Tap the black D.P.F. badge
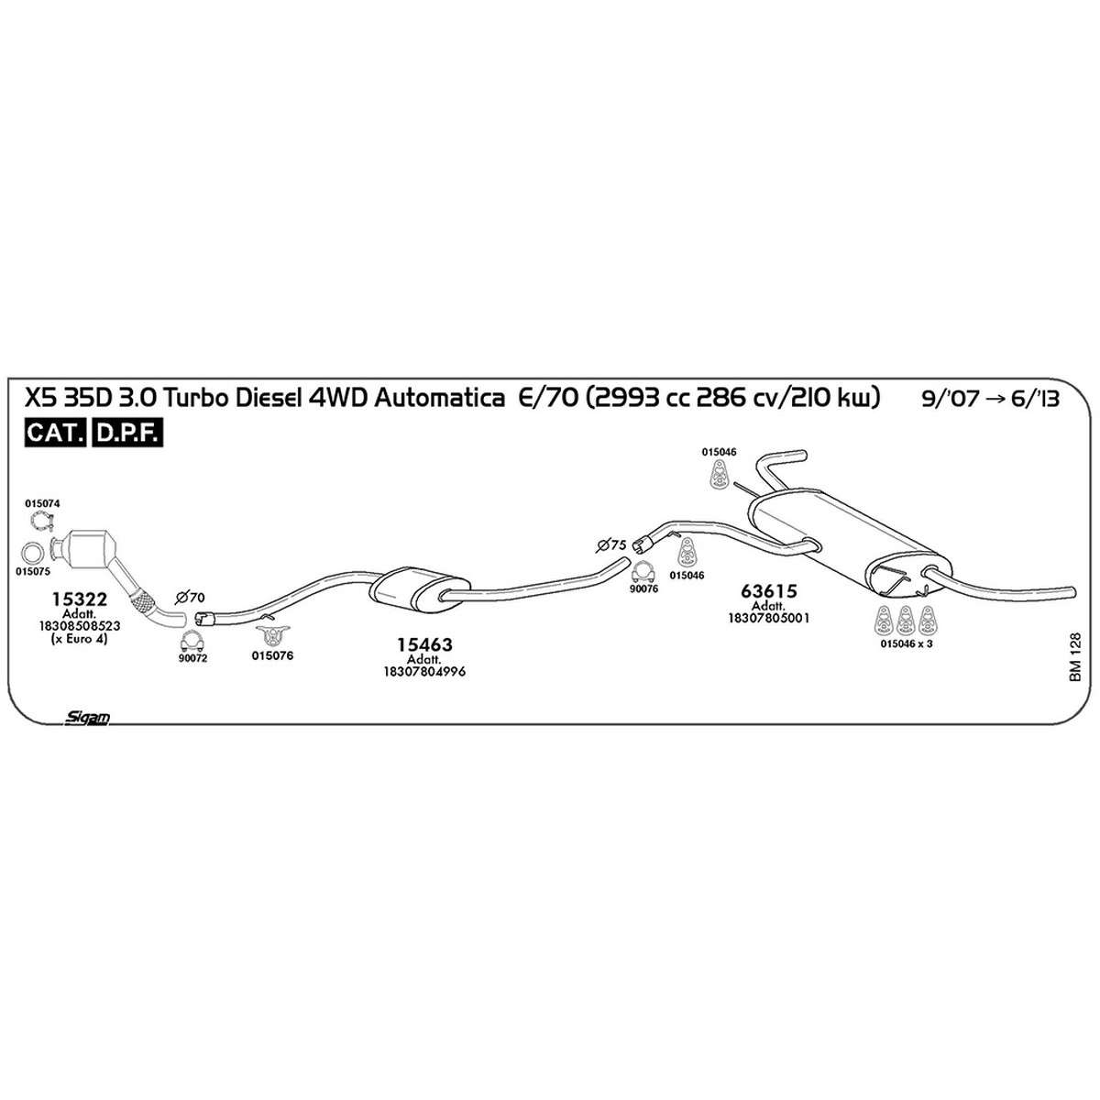(x=128, y=434)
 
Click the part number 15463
(x=424, y=645)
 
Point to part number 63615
(x=768, y=592)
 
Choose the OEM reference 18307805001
(x=768, y=619)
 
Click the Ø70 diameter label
(x=190, y=597)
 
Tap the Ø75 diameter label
(x=611, y=545)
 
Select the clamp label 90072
(x=192, y=659)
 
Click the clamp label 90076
(x=644, y=589)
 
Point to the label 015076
(x=272, y=656)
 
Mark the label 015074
(x=43, y=503)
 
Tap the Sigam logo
(x=88, y=719)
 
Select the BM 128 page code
(x=1074, y=655)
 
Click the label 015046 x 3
(x=906, y=644)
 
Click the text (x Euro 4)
(x=80, y=638)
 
